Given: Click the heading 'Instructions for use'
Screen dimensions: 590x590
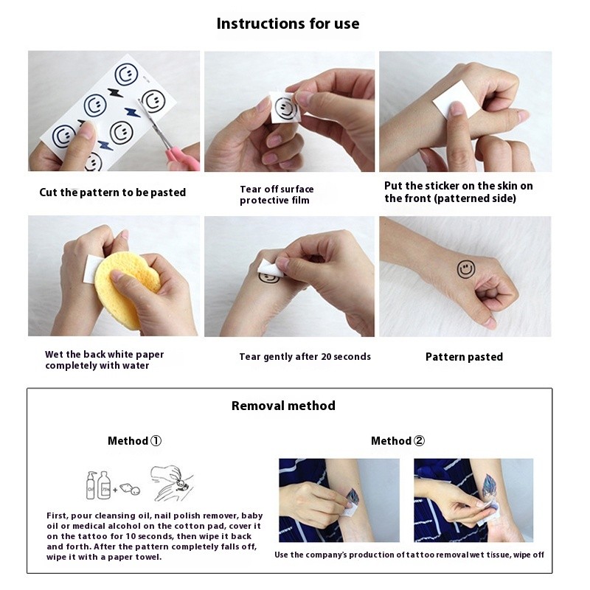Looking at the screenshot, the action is [288, 24].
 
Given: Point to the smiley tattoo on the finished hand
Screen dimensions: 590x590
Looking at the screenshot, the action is [466, 269].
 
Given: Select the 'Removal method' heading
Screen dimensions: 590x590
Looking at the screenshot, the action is [283, 406].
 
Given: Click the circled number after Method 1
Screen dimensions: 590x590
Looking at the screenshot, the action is [156, 440].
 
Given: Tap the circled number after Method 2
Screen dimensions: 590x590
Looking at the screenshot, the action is [419, 440].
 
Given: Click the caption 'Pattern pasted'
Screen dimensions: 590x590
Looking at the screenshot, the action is [464, 357].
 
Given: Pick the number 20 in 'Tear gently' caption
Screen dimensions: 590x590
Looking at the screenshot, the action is [316, 356].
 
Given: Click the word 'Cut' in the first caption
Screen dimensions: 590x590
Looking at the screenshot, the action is [48, 192].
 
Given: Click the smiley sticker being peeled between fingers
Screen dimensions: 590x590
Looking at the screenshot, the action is [285, 108].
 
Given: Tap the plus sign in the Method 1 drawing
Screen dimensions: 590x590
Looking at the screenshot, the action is [115, 490].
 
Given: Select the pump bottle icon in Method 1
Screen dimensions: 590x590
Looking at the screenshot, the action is [91, 485].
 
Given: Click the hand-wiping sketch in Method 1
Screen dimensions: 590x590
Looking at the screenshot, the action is [172, 483].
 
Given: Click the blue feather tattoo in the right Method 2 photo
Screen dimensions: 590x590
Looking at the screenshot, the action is [490, 489].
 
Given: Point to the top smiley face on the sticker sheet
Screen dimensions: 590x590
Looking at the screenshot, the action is [126, 74].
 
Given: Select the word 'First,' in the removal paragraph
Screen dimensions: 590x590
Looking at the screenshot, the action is [58, 516].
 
